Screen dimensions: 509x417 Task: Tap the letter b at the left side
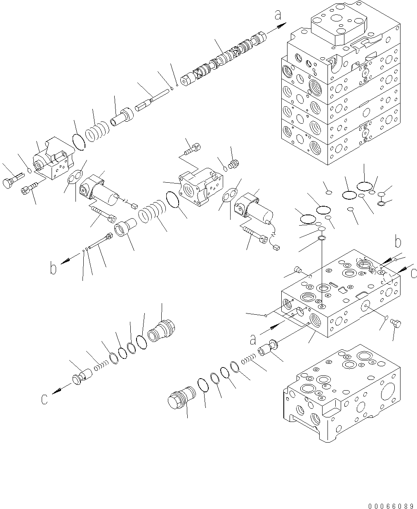(x=53, y=269)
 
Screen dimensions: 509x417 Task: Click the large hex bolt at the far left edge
(x=10, y=181)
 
